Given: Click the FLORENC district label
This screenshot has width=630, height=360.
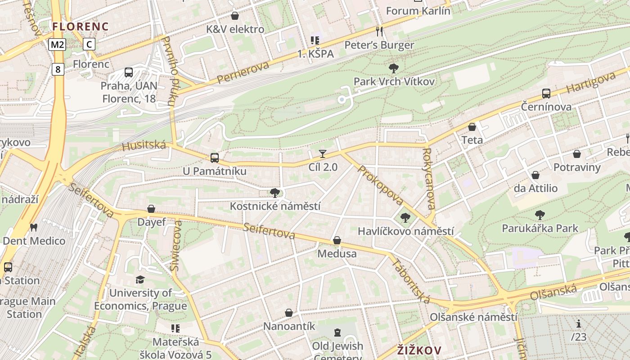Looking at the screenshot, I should click(x=81, y=27).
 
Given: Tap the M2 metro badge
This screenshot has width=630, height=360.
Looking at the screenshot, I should click(x=58, y=44).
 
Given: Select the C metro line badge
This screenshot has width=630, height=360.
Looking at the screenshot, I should click(x=90, y=44).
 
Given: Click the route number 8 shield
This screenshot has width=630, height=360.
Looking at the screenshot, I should click(x=58, y=69).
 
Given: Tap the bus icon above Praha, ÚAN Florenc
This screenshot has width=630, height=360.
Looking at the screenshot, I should click(x=129, y=72).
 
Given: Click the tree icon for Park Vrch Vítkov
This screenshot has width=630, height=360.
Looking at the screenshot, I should click(x=394, y=68).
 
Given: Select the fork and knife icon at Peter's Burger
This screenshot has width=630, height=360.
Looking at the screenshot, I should click(x=379, y=31).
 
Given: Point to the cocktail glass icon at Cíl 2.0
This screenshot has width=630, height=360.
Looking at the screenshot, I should click(x=323, y=154).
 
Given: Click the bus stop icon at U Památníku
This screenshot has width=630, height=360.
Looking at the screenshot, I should click(x=215, y=158).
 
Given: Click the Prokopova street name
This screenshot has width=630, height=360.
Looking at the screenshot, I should click(x=380, y=185).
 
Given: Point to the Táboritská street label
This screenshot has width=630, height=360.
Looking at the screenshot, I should click(x=411, y=280).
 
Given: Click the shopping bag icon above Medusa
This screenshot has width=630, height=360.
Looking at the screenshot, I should click(x=337, y=241).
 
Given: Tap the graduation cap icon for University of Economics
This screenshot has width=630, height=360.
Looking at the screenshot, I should click(x=140, y=280).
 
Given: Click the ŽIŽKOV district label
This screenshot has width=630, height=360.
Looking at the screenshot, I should click(x=419, y=350).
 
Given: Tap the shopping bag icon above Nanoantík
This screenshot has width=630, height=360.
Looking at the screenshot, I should click(x=289, y=313).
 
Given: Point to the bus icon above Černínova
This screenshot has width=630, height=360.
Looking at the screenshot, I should click(x=546, y=94).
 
